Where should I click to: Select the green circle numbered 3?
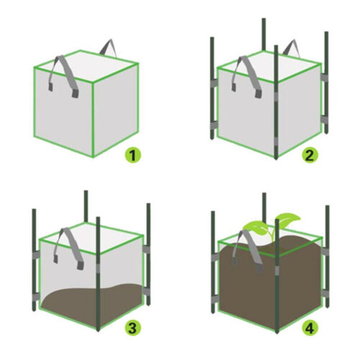coord(132,328)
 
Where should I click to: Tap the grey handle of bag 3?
coord(67,245)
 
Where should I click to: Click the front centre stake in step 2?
coord(276,103)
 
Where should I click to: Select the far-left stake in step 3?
coord(34,261)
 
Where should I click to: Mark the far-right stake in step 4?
coord(328,261)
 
